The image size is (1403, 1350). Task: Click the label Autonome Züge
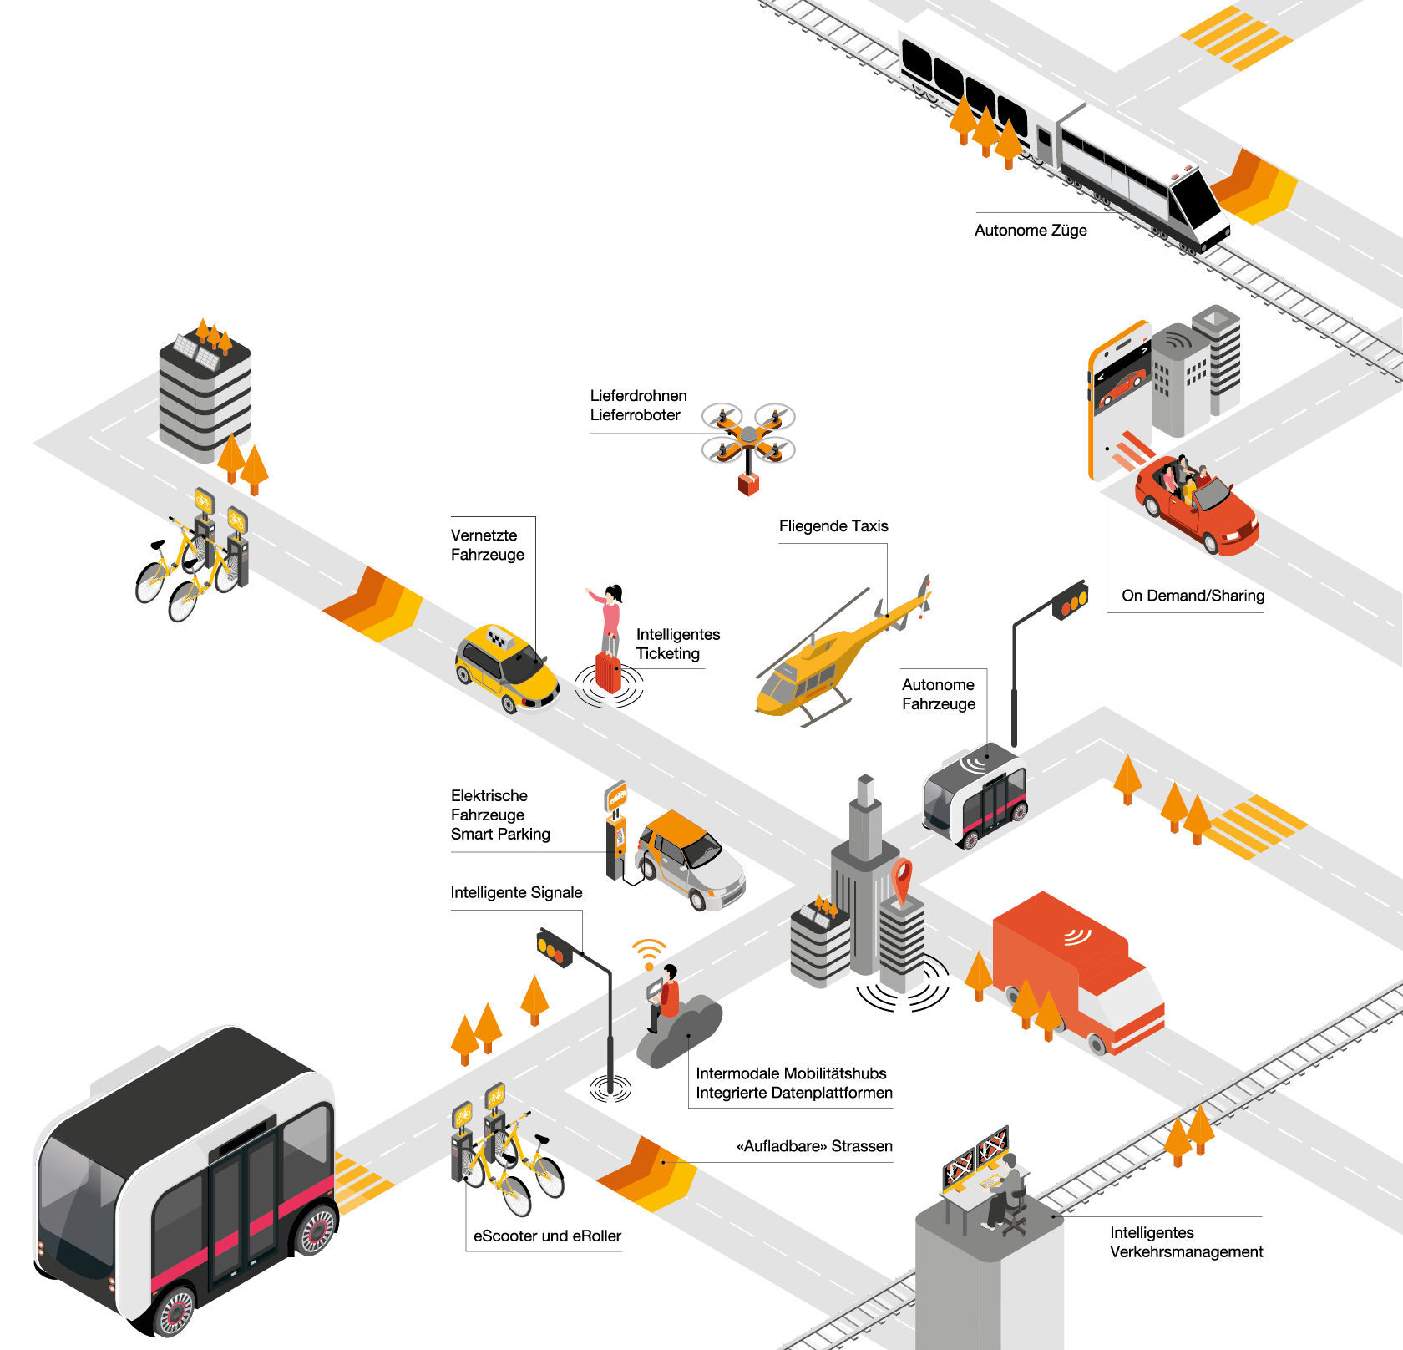point(1030,231)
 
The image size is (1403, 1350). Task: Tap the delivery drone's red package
point(748,484)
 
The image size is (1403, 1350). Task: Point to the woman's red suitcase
point(608,672)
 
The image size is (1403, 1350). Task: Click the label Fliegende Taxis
point(833,526)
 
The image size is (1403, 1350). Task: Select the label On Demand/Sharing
point(1192,596)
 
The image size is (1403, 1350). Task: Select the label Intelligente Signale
point(516,893)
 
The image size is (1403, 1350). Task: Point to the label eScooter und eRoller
point(547,1236)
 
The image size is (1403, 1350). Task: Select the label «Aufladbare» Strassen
point(814,1146)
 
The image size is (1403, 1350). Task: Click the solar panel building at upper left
point(205,393)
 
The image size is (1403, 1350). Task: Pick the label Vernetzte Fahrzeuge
point(487,545)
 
